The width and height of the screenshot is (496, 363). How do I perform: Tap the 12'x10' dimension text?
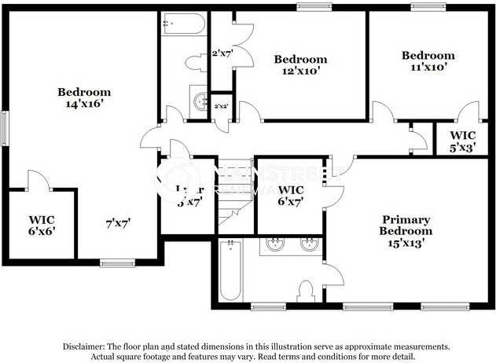299,70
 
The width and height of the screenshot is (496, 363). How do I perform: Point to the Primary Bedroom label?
405,231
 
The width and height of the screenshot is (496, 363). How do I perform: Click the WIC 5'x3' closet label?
456,141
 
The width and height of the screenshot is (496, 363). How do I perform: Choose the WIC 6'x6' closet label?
42,225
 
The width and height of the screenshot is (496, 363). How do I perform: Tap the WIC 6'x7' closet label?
291,196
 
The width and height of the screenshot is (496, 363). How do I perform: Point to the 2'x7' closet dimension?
222,53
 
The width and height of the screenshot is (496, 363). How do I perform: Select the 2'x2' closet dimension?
222,106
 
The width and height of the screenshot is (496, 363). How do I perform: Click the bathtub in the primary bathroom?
230,271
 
